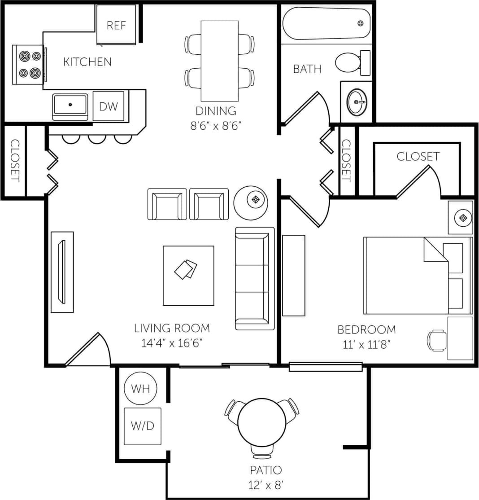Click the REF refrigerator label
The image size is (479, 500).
click(116, 25)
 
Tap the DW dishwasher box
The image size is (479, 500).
click(109, 106)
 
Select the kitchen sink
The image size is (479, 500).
click(70, 105)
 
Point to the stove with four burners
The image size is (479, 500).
click(29, 65)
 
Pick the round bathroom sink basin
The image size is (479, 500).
click(357, 102)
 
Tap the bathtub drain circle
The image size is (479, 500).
click(360, 23)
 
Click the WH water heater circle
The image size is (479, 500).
click(140, 388)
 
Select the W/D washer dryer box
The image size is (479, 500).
click(142, 425)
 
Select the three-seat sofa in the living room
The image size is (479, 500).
click(255, 278)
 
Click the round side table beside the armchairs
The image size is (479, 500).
click(251, 203)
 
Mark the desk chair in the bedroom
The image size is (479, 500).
click(436, 340)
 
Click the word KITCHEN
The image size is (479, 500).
click(87, 62)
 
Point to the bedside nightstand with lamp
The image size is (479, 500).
click(461, 218)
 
